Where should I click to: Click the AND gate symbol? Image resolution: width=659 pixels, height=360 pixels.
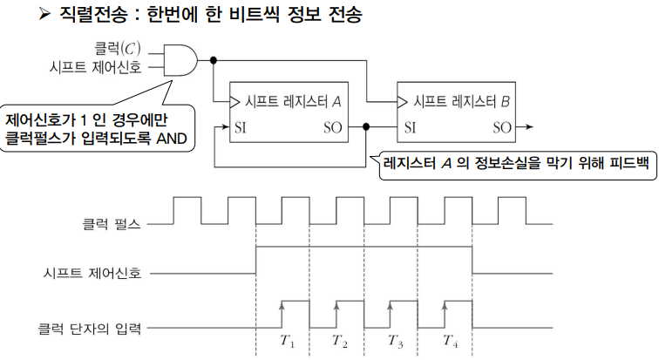point(180,58)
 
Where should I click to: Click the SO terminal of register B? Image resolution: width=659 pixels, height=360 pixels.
point(501,127)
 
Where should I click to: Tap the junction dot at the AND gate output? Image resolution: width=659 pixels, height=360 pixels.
point(213,59)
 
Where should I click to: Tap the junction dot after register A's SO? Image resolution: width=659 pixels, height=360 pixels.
point(367,127)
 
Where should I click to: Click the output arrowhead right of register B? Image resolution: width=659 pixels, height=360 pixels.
point(529,127)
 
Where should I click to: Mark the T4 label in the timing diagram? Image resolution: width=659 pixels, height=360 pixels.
point(451,342)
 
